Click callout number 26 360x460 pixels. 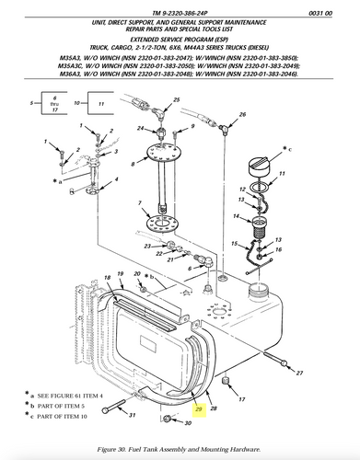243,115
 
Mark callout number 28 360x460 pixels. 214,408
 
